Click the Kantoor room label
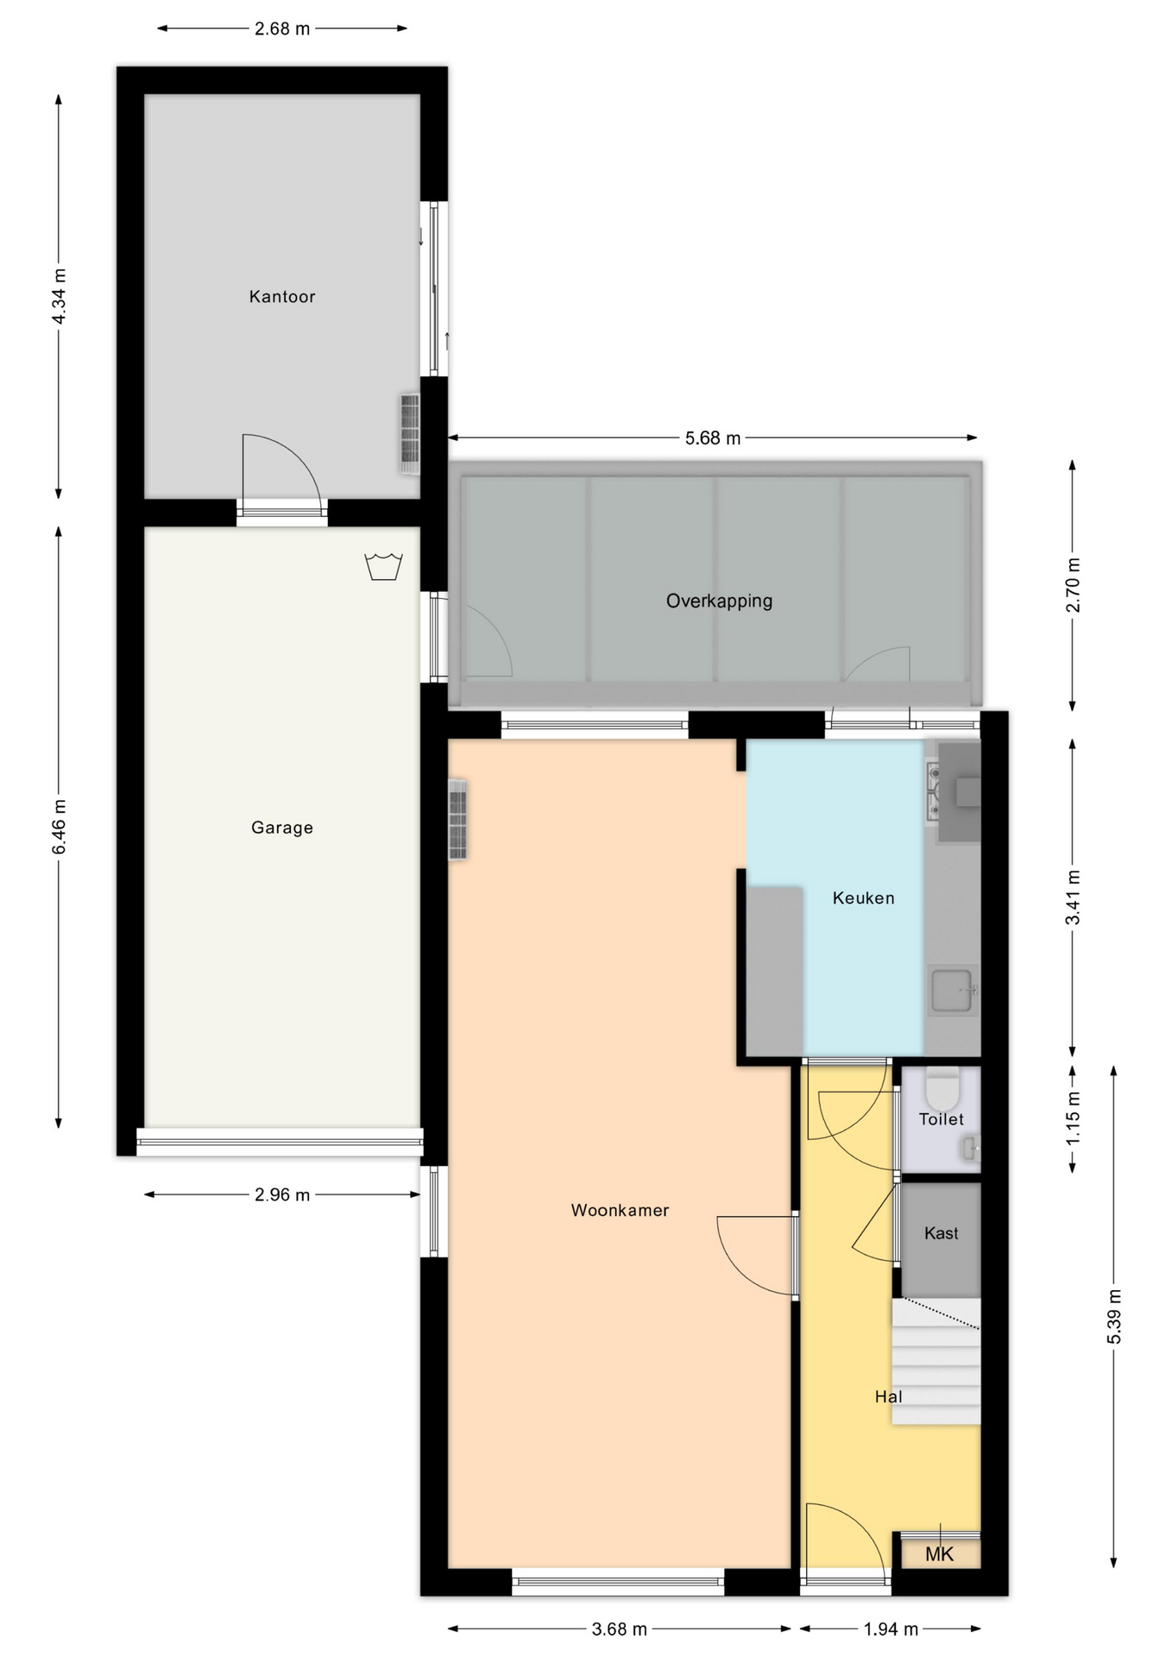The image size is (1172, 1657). pos(282,297)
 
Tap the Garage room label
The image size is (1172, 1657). pos(282,828)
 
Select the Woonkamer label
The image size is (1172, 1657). pos(620,1211)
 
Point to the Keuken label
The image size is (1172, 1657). pos(863,898)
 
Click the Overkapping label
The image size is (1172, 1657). pos(719,601)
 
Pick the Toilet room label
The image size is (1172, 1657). pos(941,1119)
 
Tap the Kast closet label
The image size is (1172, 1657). pos(941,1233)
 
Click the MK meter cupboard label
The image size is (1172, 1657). pos(939,1554)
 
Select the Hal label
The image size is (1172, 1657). pos(888,1396)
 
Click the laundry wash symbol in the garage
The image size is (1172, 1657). pos(384,567)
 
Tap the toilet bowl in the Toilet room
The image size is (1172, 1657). pos(942,1088)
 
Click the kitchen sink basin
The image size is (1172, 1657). pos(953,990)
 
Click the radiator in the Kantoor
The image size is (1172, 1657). pos(409,433)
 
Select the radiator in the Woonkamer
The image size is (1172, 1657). pos(457,820)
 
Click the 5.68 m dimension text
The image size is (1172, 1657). pos(713,438)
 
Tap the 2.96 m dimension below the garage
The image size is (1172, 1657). pos(282,1195)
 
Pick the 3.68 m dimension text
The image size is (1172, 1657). pos(619,1629)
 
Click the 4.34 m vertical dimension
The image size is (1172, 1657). pos(59,297)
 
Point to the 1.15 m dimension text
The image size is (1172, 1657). pos(1073,1119)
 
